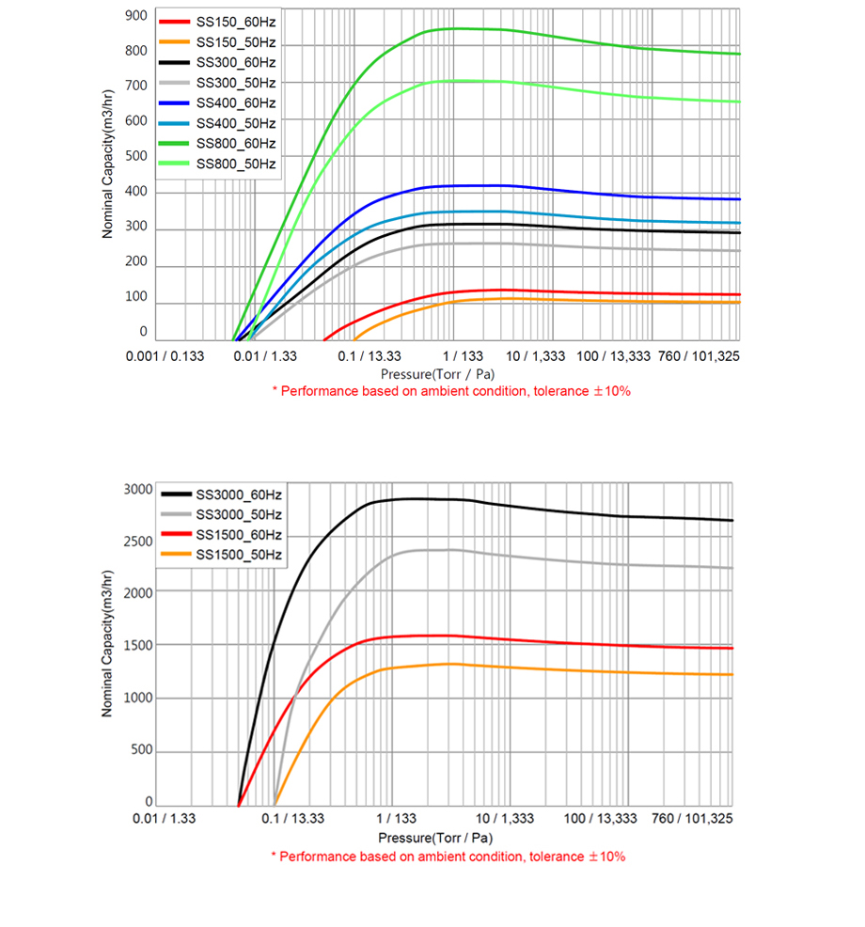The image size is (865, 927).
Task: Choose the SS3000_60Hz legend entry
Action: [x=239, y=494]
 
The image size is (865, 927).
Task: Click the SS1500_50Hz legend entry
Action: [x=239, y=556]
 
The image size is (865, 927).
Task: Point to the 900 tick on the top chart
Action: [x=136, y=16]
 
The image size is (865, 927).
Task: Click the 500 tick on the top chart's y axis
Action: [x=136, y=157]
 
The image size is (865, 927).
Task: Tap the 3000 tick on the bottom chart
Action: [x=138, y=490]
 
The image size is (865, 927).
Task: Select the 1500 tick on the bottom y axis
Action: [x=138, y=646]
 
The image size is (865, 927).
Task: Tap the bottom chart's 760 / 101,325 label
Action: [x=692, y=820]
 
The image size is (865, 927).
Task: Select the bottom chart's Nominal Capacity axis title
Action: [x=109, y=644]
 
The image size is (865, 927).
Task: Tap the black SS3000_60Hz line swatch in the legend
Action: [x=176, y=494]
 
